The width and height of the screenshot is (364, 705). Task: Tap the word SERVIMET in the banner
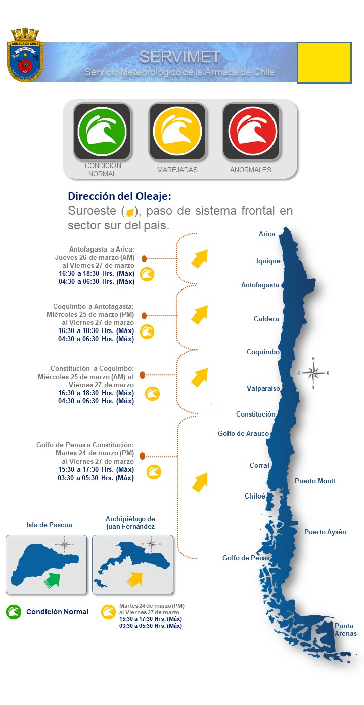coord(180,57)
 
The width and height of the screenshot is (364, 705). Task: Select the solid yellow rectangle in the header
coord(324,62)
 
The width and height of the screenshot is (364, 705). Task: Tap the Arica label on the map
coord(267,234)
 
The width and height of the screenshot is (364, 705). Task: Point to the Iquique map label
coord(268,261)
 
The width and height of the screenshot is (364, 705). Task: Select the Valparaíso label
coord(263,388)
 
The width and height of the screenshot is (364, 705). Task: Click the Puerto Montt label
coord(315,481)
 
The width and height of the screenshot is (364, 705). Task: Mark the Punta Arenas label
coord(346,630)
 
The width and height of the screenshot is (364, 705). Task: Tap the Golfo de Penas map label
coord(246,558)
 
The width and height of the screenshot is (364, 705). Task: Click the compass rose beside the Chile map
coord(313,374)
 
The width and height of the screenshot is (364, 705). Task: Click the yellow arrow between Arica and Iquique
coord(199,258)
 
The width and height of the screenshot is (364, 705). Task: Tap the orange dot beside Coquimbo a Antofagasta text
coord(144,316)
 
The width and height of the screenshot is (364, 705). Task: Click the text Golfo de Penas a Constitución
coord(85,445)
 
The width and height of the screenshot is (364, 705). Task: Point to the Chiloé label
coord(255,496)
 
